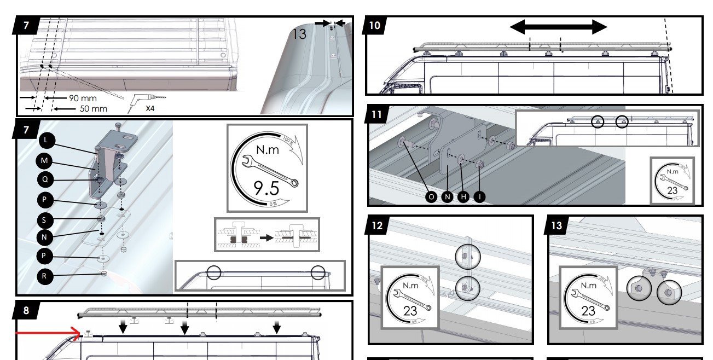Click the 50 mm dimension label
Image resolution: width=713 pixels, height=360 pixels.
coord(94,108)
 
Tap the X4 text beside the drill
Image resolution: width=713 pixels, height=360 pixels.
coord(149,108)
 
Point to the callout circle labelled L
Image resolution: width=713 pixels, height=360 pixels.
coord(47,141)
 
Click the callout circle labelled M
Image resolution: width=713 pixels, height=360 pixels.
coord(47,161)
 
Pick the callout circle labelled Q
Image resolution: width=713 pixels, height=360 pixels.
coord(47,180)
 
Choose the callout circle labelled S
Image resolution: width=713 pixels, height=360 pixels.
coord(47,219)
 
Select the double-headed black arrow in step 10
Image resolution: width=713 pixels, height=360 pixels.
coord(558,27)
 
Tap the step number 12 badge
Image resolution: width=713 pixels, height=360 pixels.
coord(378,224)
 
